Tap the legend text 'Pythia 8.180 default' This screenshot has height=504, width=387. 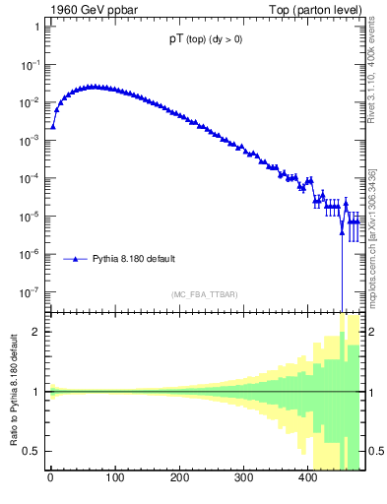[134, 260]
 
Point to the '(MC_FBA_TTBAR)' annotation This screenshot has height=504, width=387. [204, 294]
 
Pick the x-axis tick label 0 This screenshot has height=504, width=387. [50, 481]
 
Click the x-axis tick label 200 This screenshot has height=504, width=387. [179, 481]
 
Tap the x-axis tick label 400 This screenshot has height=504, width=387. [308, 481]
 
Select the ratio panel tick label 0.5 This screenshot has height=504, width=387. [32, 452]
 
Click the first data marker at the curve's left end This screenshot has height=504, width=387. [53, 126]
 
